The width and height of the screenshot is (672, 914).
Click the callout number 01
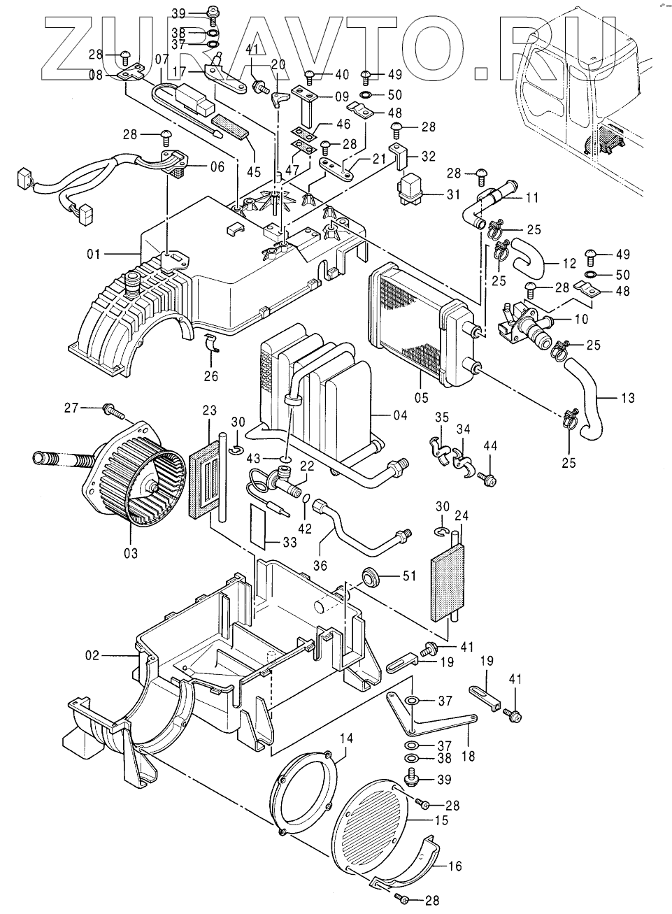[x=94, y=255]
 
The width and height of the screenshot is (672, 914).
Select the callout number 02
[x=92, y=655]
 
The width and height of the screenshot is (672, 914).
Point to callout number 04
[x=400, y=415]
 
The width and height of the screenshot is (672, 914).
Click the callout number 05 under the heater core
[x=422, y=397]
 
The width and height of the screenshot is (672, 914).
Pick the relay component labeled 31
[x=411, y=189]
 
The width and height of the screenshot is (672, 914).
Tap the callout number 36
[x=320, y=565]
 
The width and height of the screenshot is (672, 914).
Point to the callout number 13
[x=629, y=397]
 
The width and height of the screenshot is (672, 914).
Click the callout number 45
[x=253, y=172]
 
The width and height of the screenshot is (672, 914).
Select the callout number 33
[x=290, y=543]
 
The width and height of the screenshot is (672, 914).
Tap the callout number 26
[x=211, y=376]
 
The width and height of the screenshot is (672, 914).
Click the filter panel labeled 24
[x=448, y=581]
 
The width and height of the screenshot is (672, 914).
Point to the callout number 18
[x=469, y=756]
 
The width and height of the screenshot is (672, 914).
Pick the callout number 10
[x=581, y=319]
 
